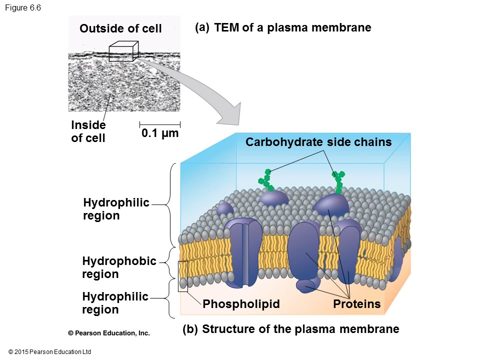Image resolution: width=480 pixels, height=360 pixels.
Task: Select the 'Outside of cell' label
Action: [120, 29]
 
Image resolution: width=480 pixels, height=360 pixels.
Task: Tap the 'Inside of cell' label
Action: [88, 131]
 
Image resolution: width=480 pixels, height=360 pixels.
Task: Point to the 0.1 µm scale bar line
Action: [159, 123]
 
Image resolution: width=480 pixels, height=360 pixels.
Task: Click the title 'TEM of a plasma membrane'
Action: [292, 27]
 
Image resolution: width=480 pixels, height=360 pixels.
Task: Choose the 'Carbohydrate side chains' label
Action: [318, 142]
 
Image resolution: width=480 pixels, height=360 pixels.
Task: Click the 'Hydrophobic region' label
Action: [119, 267]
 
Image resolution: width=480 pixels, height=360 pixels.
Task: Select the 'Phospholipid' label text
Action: [241, 304]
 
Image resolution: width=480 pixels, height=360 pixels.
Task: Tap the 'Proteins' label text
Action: [357, 304]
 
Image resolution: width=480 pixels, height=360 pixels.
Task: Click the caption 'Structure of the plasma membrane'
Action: [300, 329]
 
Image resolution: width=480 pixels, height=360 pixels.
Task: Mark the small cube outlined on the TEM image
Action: [122, 51]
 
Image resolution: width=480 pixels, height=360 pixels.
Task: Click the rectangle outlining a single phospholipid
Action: [183, 276]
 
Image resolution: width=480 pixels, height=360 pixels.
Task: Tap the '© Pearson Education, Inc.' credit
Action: [109, 333]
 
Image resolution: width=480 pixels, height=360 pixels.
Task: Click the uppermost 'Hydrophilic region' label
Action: [116, 209]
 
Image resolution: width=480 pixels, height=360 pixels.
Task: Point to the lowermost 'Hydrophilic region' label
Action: [115, 303]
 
